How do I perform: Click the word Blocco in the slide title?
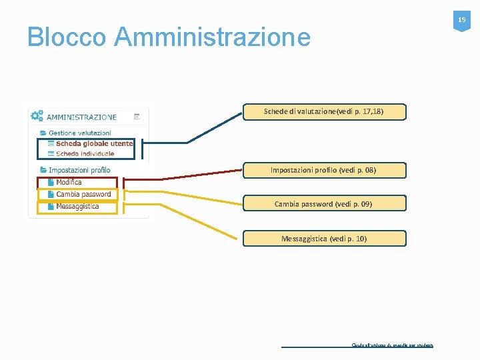tap(66, 37)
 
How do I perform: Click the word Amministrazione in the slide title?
tap(212, 37)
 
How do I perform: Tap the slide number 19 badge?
tap(461, 21)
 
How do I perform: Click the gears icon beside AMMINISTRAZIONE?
tap(37, 115)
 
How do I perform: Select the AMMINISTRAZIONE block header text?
tap(81, 117)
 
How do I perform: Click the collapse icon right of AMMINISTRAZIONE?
tap(137, 116)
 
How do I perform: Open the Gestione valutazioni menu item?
tap(79, 133)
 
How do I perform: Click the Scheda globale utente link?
tap(94, 143)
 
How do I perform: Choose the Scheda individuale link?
tap(85, 153)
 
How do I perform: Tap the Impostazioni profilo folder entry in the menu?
tap(79, 170)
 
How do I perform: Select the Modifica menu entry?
tap(69, 182)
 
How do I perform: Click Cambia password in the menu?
tap(83, 194)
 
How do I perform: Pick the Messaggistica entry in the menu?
tap(77, 206)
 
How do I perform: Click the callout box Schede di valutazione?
tap(323, 111)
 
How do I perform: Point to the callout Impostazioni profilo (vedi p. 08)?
tap(323, 170)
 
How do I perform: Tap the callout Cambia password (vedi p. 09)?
tap(323, 203)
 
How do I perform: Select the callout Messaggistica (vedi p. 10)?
tap(323, 238)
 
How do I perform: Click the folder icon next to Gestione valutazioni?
tap(43, 133)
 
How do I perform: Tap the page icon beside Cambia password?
tap(51, 194)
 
